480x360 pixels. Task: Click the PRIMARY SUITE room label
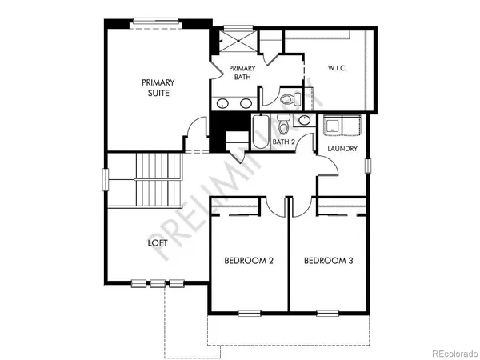point(158,87)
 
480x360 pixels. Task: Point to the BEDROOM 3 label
point(328,261)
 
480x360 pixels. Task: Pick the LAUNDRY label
point(342,149)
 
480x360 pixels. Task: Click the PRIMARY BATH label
point(242,74)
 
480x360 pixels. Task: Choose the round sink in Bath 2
point(304,121)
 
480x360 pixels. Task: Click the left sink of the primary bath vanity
point(222,104)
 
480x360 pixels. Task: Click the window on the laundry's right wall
point(368,166)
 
